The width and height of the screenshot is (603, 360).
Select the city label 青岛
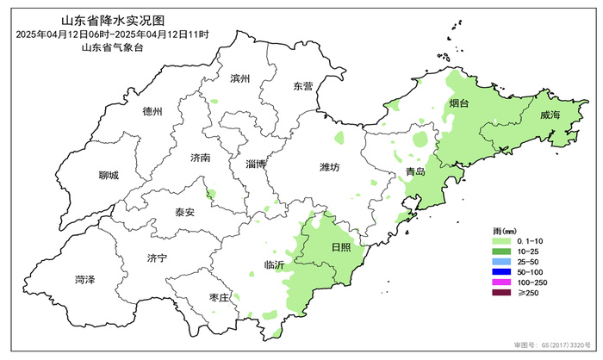pos(415,172)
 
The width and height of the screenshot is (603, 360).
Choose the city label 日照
pos(342,247)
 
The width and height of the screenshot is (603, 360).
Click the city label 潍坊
pos(329,166)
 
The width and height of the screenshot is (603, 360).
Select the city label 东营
pos(303,86)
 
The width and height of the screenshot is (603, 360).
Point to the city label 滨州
pos(240,78)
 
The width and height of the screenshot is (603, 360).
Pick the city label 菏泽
pos(84,279)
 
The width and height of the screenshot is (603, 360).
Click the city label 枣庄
pos(220,297)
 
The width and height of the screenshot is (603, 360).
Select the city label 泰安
pos(184,212)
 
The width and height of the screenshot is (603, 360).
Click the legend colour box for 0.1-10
pos(499,240)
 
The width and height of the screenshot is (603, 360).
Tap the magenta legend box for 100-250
pos(499,282)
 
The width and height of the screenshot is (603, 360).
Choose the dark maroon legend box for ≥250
pos(499,294)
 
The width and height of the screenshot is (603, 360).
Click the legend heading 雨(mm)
pos(504,229)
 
